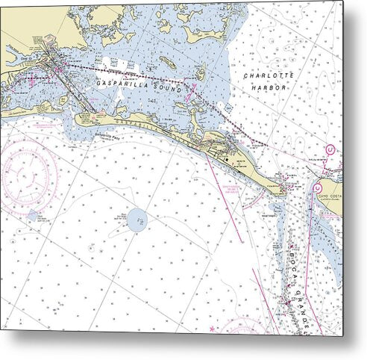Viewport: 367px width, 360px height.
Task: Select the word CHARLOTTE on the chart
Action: pos(269,75)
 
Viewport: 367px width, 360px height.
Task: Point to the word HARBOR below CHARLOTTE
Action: pos(269,87)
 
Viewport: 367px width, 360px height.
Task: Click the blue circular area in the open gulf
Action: pos(138,220)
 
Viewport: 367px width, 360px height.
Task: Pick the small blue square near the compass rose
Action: pos(32,216)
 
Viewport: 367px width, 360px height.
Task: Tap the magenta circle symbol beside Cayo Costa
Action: pos(317,187)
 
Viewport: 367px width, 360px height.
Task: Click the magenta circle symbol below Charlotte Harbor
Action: pos(330,150)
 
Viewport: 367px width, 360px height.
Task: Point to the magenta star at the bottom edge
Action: pos(212,329)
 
